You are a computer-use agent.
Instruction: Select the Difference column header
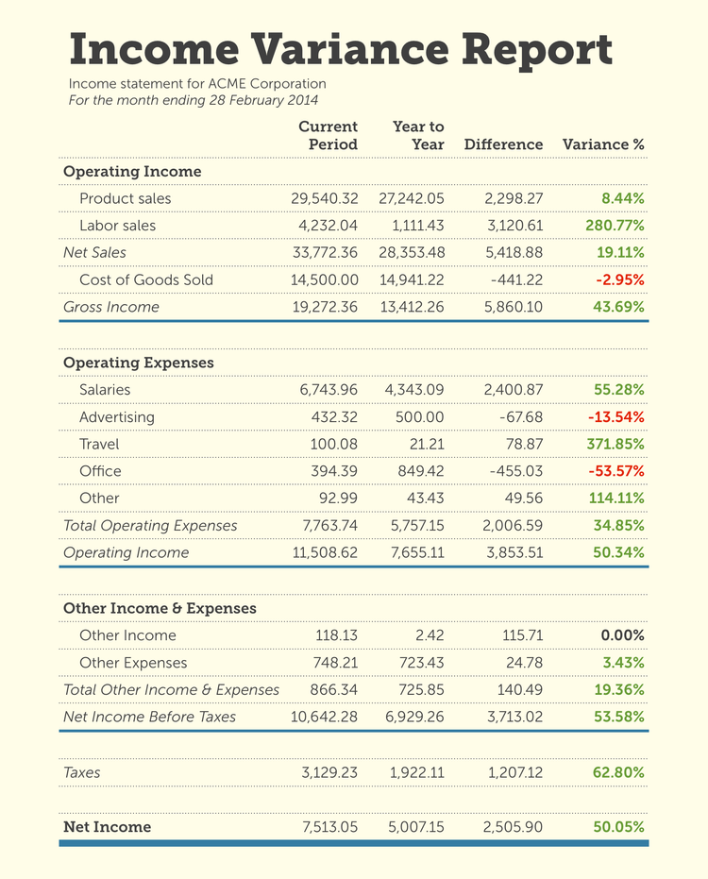pyautogui.click(x=503, y=144)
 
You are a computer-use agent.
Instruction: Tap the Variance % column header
pyautogui.click(x=603, y=144)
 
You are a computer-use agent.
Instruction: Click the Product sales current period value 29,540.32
pyautogui.click(x=323, y=198)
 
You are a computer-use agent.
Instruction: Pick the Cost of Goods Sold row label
pyautogui.click(x=146, y=279)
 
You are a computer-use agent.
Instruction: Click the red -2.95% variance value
pyautogui.click(x=620, y=279)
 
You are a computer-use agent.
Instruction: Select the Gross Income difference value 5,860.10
pyautogui.click(x=514, y=307)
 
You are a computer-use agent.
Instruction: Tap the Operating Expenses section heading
pyautogui.click(x=138, y=363)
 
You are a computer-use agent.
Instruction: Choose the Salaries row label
pyautogui.click(x=105, y=390)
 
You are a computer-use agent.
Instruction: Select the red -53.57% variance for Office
pyautogui.click(x=616, y=471)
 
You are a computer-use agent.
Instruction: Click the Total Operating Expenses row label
pyautogui.click(x=150, y=525)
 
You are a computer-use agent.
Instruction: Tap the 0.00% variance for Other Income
pyautogui.click(x=623, y=635)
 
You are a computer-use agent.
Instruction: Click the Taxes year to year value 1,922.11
pyautogui.click(x=416, y=772)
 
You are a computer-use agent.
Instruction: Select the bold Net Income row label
pyautogui.click(x=107, y=827)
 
